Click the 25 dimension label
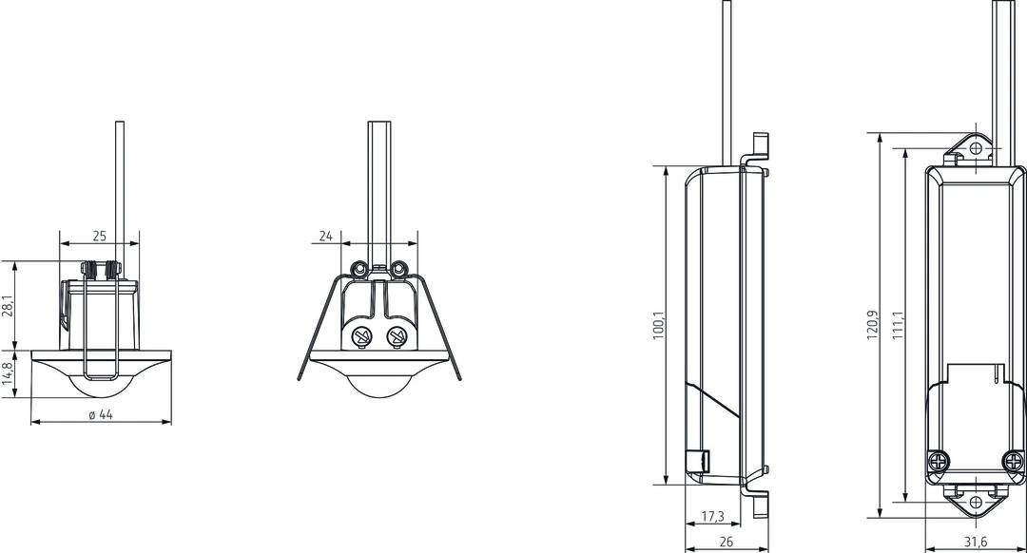[99, 236]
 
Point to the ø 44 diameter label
[101, 414]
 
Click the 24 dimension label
[325, 236]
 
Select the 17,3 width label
[712, 516]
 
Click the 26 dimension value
[726, 542]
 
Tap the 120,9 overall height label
[872, 325]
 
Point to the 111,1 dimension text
[898, 325]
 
